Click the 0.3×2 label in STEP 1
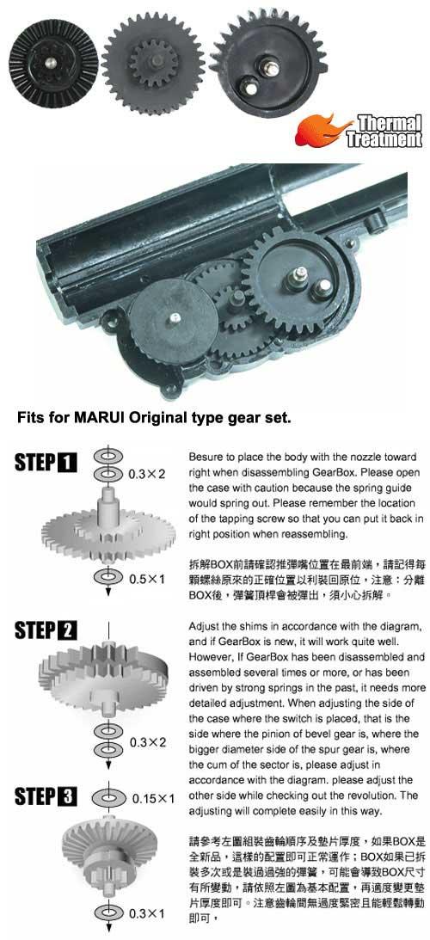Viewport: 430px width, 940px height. pos(146,473)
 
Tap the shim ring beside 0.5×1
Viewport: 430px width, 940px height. pos(108,576)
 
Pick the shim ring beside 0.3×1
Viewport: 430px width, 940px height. pos(108,912)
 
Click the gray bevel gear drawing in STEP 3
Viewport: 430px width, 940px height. pos(107,847)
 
